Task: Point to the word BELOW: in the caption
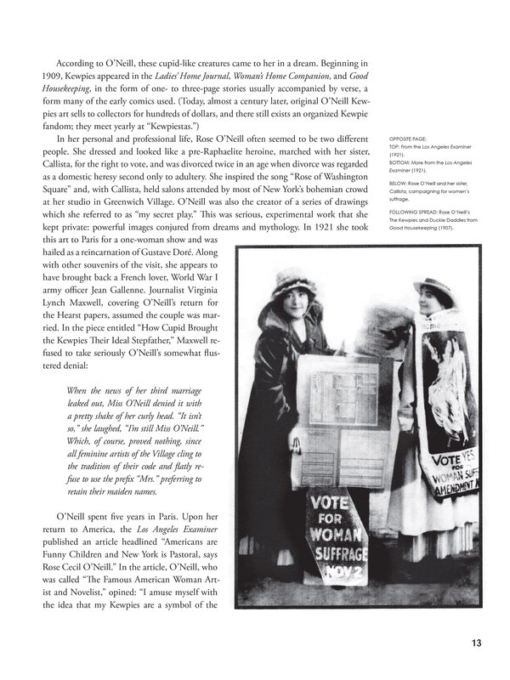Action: pyautogui.click(x=399, y=182)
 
